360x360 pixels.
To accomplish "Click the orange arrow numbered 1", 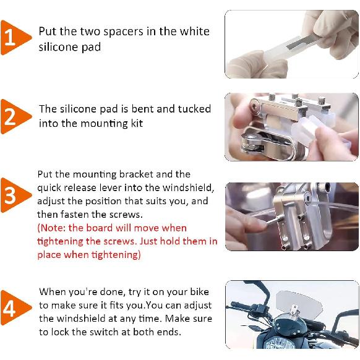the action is pos(15,38).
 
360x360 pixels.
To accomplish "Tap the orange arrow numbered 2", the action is pos(15,116).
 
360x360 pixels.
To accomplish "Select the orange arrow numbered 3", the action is pos(15,195).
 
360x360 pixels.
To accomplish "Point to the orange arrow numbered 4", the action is pos(15,307).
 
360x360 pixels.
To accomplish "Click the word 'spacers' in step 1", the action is pos(124,32).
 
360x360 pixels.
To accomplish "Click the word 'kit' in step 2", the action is pos(137,123).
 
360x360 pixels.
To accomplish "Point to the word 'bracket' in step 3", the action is pos(136,174).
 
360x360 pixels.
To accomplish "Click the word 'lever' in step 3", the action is pos(111,188).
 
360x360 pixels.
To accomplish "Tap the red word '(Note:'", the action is pos(52,228).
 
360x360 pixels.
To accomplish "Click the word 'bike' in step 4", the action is pos(199,291).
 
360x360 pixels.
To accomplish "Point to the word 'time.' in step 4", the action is pos(150,319).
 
